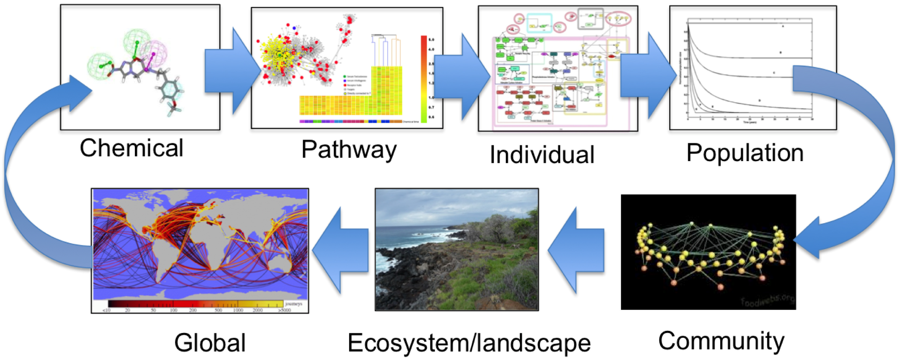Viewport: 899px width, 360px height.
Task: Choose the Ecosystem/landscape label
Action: point(469,343)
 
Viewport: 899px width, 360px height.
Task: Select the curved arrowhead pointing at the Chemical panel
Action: point(78,93)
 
